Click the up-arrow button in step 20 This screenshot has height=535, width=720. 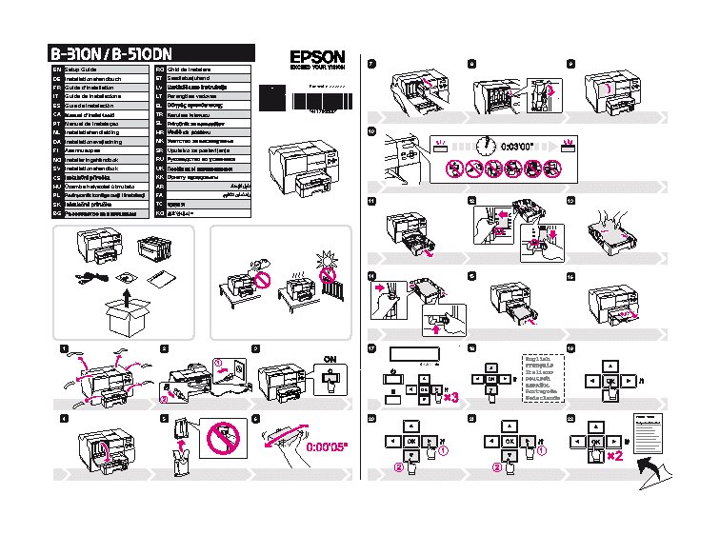[410, 425]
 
